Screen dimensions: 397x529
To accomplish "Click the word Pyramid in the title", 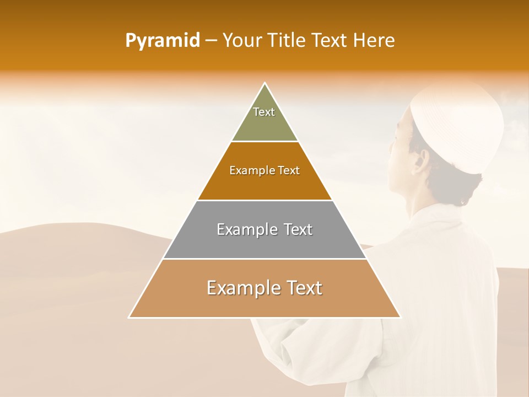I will (163, 40).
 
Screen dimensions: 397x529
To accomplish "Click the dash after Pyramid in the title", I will (210, 41).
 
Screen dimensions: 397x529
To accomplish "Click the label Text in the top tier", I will (264, 112).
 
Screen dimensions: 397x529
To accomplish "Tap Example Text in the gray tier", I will (264, 229).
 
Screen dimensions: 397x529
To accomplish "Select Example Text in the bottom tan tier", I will (264, 288).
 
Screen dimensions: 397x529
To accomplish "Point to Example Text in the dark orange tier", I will (264, 170).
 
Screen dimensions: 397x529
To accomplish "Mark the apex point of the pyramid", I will (265, 83).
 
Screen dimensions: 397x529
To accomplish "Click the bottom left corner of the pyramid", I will (129, 317).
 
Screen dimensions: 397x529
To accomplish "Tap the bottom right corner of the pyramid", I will (400, 317).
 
